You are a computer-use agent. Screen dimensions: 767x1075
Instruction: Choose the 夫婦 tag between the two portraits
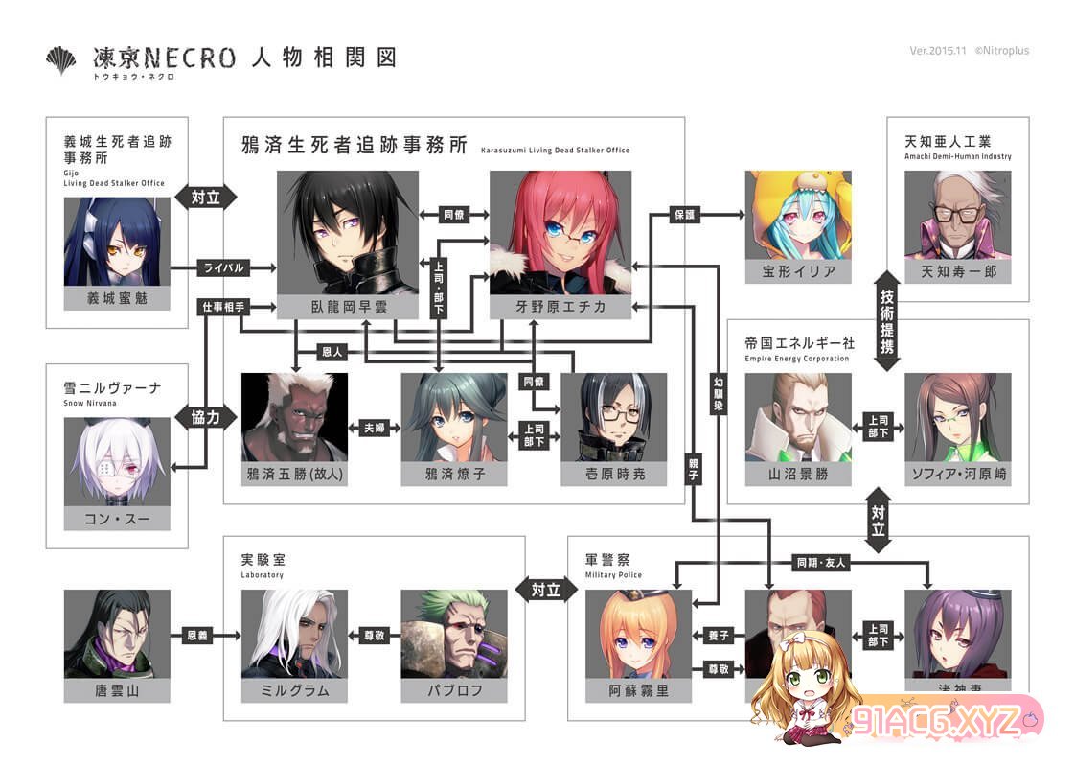374,428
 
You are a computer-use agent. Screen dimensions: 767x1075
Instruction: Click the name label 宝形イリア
798,272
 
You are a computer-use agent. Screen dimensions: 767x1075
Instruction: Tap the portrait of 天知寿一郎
958,216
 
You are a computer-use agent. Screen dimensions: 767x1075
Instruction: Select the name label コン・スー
117,519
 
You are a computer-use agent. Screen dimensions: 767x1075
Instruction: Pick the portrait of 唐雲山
117,634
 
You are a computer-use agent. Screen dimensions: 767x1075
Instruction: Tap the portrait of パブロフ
453,634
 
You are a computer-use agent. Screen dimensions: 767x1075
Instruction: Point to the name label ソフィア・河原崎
957,475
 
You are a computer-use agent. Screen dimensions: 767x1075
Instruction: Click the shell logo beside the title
61,59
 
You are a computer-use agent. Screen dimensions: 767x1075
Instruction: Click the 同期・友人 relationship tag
821,563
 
